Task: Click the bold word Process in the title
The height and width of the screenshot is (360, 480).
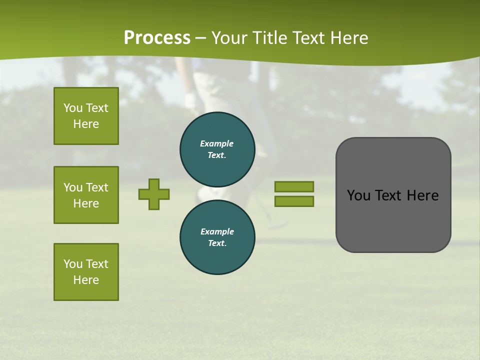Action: coord(157,38)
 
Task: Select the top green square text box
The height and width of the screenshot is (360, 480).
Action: coord(86,116)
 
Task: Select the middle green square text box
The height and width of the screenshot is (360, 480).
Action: coord(86,195)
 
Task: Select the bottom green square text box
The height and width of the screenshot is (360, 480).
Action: coord(86,272)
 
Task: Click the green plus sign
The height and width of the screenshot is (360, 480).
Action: coord(154,194)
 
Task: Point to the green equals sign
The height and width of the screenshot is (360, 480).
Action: coord(294,194)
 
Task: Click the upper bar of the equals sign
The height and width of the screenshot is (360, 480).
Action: coord(294,186)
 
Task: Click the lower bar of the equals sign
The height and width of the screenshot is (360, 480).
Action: coord(294,201)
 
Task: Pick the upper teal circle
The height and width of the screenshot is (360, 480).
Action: coord(217,149)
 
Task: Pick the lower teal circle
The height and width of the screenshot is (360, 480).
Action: coord(217,237)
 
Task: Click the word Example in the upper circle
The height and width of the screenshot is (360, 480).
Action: coord(217,143)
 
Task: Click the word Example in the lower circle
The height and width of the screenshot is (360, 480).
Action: coord(217,231)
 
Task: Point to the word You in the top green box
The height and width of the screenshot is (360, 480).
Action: coord(72,108)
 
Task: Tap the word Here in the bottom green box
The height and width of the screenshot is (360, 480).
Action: coord(86,280)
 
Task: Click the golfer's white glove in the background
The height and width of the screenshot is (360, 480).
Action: coord(190,100)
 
